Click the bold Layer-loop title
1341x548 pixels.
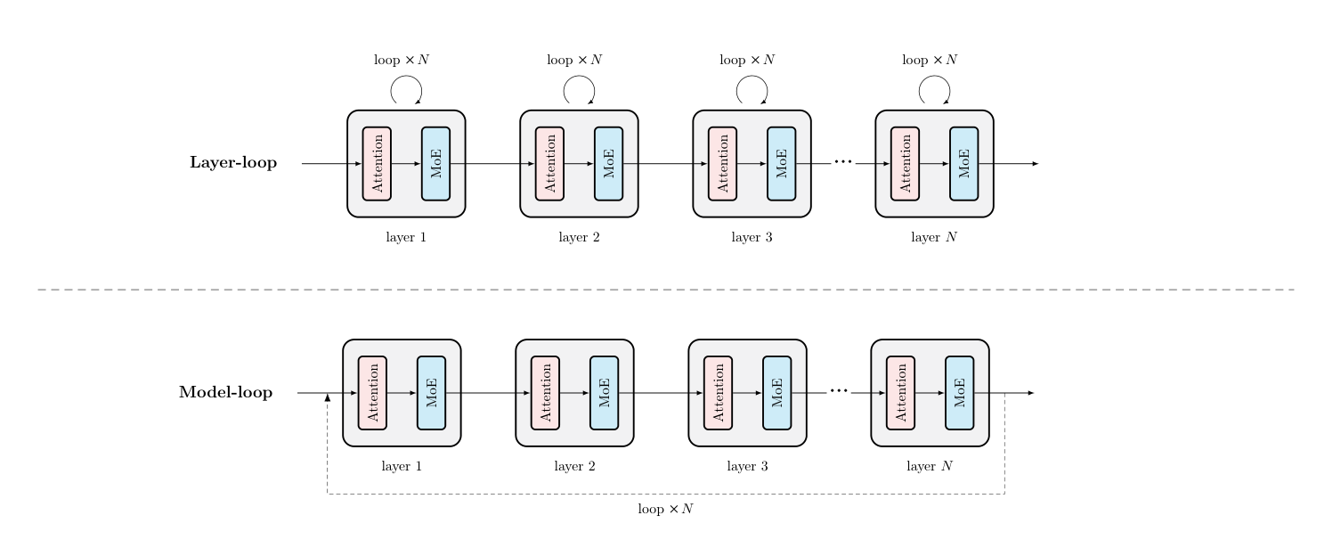[x=233, y=162]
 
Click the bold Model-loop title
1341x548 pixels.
[x=225, y=392]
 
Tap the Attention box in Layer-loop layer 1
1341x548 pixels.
[x=377, y=163]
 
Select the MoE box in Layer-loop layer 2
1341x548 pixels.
[x=609, y=163]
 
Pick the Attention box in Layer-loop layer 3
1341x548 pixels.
[x=722, y=163]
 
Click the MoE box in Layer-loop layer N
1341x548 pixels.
[x=963, y=163]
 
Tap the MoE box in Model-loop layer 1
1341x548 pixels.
[x=432, y=393]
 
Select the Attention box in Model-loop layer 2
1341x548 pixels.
[x=545, y=393]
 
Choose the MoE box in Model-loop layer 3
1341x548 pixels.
[x=777, y=393]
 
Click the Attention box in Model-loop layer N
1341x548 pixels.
[x=901, y=393]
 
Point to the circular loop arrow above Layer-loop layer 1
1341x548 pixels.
[x=407, y=76]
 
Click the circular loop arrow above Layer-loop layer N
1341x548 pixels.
[x=934, y=76]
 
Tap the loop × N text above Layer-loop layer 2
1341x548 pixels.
[x=574, y=60]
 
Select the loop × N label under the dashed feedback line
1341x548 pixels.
[x=666, y=509]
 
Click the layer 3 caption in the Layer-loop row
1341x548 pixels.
[x=752, y=237]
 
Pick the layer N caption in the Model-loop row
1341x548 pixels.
[x=930, y=466]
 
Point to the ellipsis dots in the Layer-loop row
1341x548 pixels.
[x=843, y=161]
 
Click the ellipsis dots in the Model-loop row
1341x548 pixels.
[x=839, y=391]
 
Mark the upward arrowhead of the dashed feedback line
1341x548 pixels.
[x=328, y=397]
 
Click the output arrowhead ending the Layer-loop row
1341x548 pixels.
[x=1036, y=163]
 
